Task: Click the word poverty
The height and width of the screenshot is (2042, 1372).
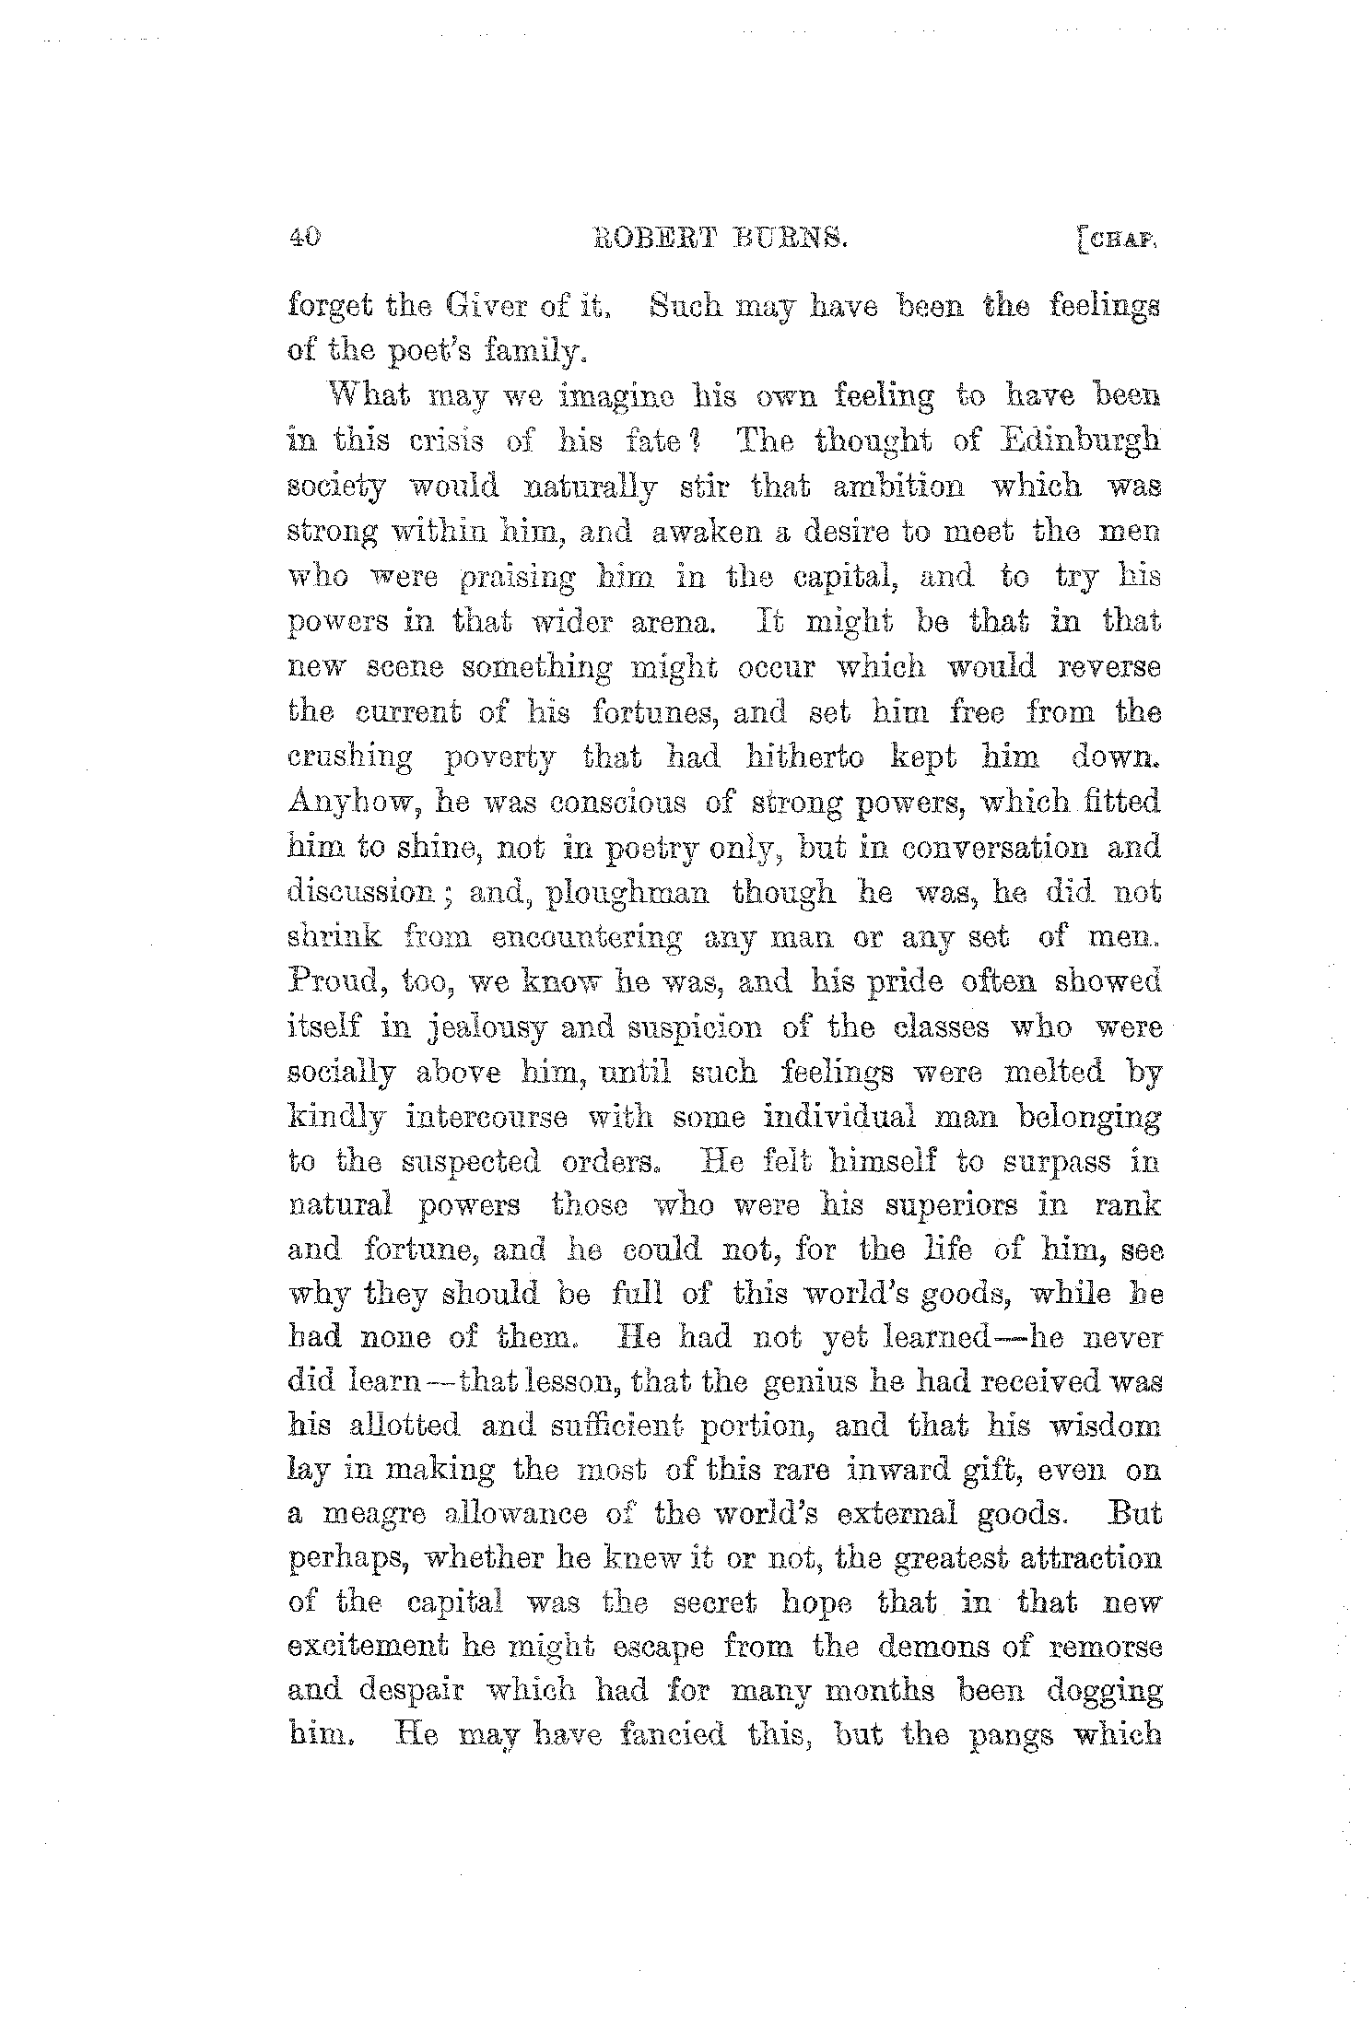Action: point(500,758)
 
